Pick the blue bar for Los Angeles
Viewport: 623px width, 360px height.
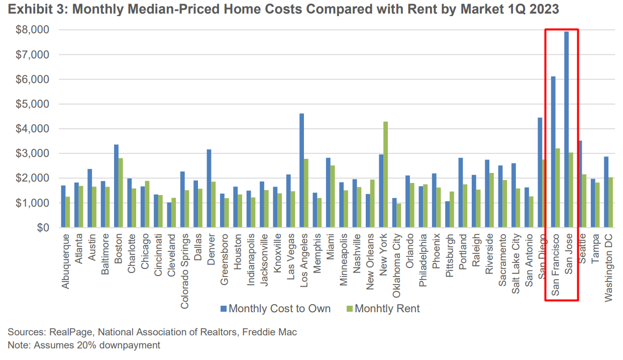tap(301, 170)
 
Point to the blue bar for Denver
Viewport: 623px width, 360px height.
tap(209, 189)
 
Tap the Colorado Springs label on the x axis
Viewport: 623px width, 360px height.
tap(185, 266)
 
